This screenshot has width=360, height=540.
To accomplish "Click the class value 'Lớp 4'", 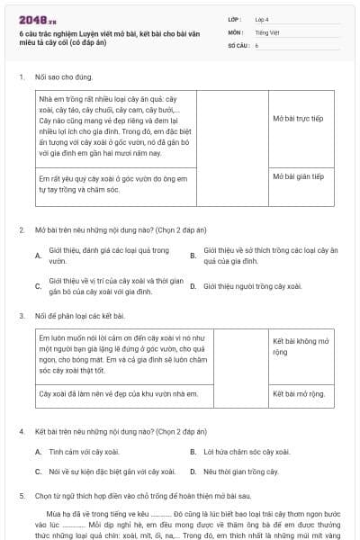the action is pos(262,18).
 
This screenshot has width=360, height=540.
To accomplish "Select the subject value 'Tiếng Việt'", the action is pos(266,31).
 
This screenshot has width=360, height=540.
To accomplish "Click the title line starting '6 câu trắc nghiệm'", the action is pos(108,36).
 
